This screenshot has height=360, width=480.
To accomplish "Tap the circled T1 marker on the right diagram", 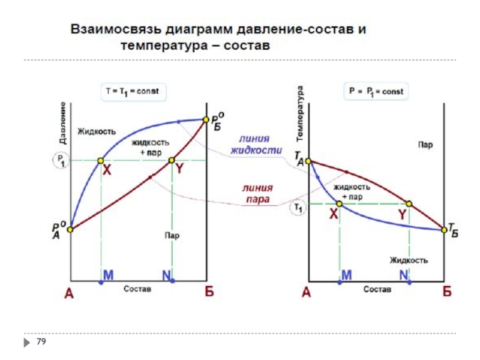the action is click(x=298, y=208).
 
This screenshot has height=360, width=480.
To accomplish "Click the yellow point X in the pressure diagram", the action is click(x=100, y=160).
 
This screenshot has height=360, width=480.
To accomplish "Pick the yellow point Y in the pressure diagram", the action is click(x=171, y=160).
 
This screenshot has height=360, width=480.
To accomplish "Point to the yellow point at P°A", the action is click(x=70, y=229).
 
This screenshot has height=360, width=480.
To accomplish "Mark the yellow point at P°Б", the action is click(x=205, y=119).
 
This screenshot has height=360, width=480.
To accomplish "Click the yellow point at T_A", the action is click(x=309, y=161).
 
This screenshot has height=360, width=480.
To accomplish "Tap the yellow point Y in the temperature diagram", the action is click(x=409, y=204).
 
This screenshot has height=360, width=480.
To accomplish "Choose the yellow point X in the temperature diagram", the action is click(x=339, y=204).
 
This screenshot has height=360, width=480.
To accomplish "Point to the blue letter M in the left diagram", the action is click(x=109, y=274).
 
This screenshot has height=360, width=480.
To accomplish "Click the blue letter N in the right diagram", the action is click(x=406, y=274).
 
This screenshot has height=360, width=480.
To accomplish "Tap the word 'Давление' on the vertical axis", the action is click(x=62, y=124).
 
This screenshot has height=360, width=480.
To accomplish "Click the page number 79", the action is click(x=41, y=341).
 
